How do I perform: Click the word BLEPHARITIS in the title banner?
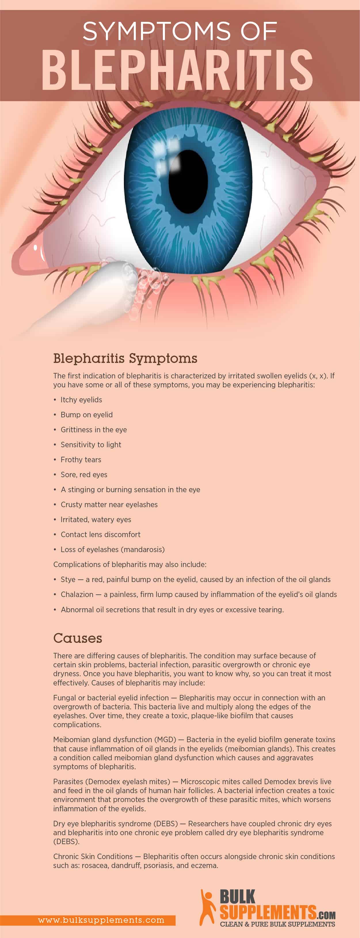pos(177,70)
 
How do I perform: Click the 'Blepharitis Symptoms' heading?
pos(125,358)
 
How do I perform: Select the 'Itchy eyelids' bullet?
pos(81,400)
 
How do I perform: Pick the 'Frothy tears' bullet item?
pos(81,460)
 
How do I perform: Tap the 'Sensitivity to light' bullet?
pos(91,445)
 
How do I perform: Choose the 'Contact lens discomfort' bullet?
pos(100,535)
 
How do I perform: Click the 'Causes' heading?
pos(77,638)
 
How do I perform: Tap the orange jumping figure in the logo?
pos(207,907)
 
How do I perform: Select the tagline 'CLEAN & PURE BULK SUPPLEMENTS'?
pos(277,924)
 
